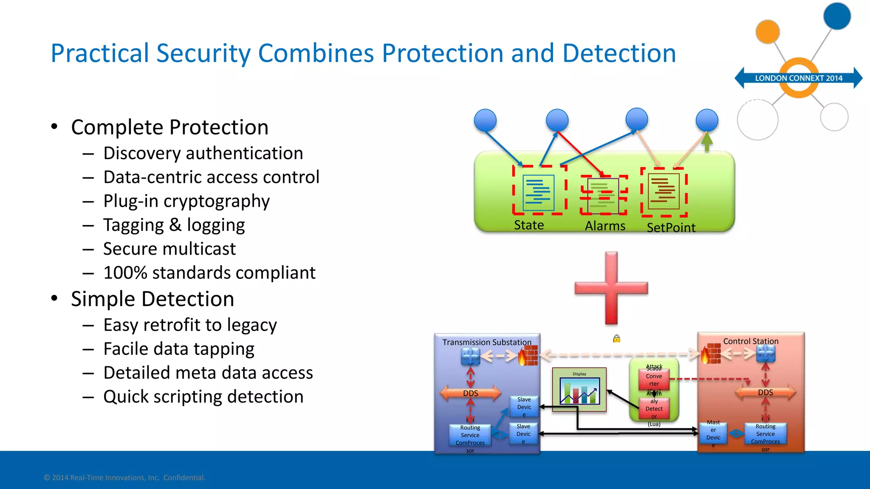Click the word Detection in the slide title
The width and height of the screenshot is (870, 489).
tap(619, 53)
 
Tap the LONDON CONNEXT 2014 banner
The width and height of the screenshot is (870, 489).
tap(798, 78)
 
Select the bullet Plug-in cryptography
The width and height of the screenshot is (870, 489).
tap(186, 201)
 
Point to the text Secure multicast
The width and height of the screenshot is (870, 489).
tap(169, 249)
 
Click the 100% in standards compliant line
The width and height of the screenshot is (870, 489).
tap(125, 273)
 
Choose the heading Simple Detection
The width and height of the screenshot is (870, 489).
tap(153, 299)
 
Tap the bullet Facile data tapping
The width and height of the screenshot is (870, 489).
tap(179, 349)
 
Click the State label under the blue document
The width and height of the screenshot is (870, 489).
tap(529, 225)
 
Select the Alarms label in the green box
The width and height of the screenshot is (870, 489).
tap(605, 226)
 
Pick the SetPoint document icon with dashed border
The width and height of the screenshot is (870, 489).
tap(664, 192)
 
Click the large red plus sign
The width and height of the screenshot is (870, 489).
tap(611, 288)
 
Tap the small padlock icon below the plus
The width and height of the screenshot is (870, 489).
tap(617, 338)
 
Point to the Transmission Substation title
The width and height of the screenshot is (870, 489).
tap(487, 342)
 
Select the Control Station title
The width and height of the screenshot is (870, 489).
tap(751, 341)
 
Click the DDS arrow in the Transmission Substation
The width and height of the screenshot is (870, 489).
tap(471, 393)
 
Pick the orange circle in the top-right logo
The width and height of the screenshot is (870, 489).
tap(768, 32)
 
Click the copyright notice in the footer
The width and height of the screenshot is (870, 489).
tap(124, 478)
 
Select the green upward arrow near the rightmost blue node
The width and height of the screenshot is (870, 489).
tap(706, 141)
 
